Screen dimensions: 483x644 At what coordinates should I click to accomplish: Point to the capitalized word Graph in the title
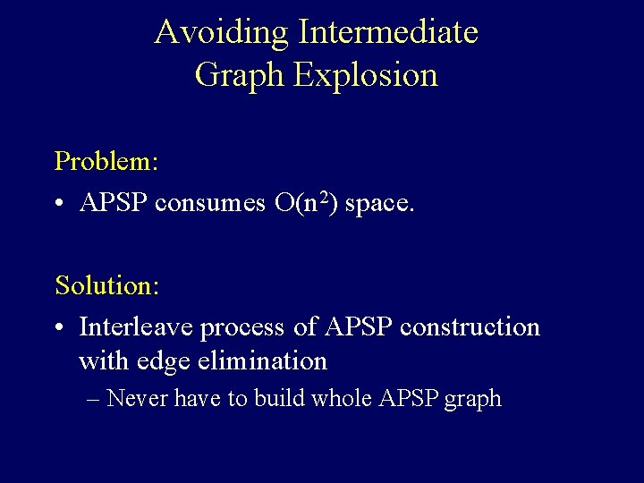click(239, 75)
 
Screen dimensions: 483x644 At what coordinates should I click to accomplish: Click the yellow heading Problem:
click(106, 161)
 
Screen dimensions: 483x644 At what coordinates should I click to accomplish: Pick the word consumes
click(209, 204)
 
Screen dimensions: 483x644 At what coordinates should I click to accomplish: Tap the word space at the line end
click(379, 204)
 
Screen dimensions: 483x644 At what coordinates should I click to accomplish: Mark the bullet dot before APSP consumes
click(61, 204)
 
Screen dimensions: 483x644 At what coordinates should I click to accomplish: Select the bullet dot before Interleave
click(61, 328)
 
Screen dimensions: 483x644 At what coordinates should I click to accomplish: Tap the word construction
click(470, 328)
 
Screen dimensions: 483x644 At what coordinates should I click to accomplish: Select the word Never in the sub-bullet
click(139, 398)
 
